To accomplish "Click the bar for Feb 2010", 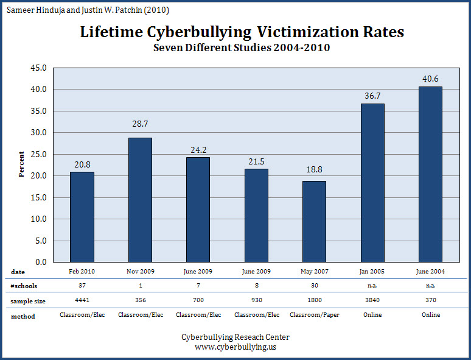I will point(82,217).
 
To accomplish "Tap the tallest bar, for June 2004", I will point(430,174).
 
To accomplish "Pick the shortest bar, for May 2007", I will point(314,221).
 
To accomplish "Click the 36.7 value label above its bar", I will point(372,96).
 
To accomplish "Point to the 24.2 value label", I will point(198,149).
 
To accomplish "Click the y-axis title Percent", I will point(21,164).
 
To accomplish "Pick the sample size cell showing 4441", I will point(82,301).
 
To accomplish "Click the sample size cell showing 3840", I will point(372,301).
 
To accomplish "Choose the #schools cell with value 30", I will point(314,286).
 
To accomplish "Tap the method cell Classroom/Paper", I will point(314,316).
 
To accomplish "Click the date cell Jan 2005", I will point(372,271).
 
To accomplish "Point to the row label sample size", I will point(28,301).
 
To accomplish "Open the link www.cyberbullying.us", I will point(235,347).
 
